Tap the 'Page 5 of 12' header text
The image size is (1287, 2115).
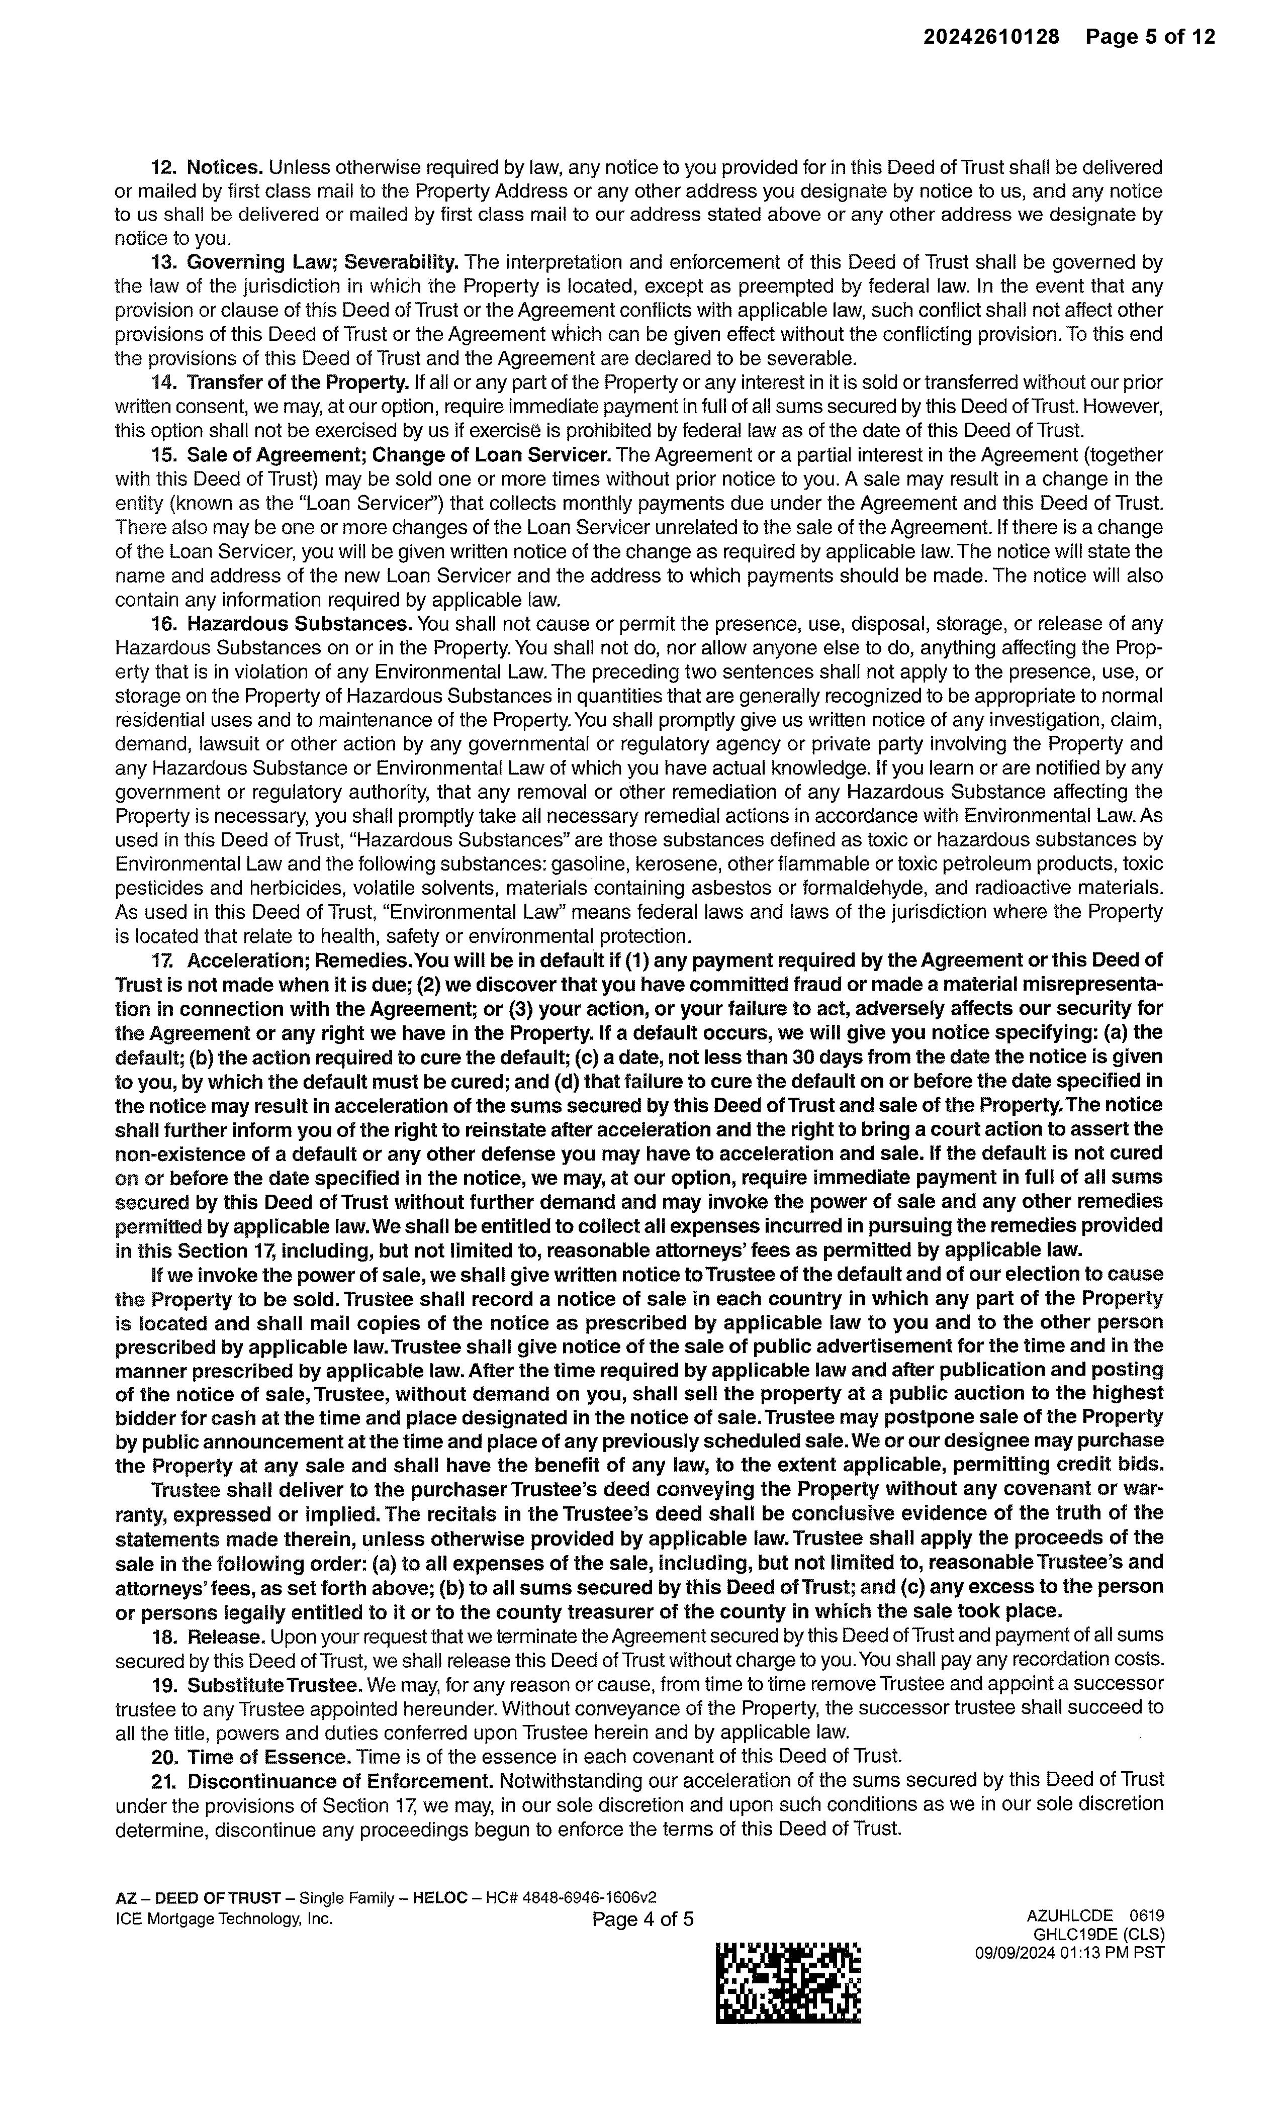1150,37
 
